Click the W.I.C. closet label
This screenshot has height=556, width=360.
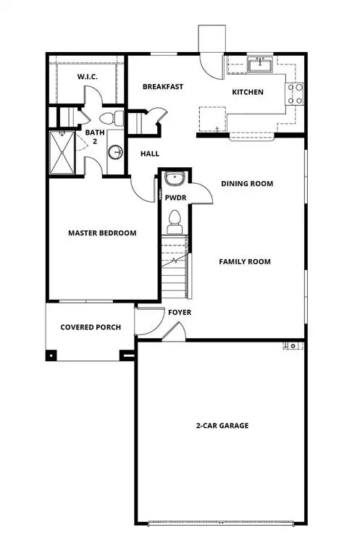(88, 77)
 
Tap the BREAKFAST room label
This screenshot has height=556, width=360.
(162, 87)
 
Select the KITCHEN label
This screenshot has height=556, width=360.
(247, 92)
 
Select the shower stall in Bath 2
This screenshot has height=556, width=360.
(62, 152)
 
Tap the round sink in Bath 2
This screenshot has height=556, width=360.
(115, 152)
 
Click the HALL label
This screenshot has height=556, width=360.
(150, 153)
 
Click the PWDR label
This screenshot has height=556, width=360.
(175, 196)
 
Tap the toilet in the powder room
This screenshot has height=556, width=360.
(174, 219)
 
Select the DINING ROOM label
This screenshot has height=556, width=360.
(247, 184)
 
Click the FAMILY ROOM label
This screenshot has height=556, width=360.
(245, 261)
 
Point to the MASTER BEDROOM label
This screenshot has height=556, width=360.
(102, 233)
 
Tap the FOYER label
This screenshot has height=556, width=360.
(180, 313)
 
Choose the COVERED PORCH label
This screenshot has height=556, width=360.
(91, 327)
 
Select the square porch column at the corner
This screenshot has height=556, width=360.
(51, 355)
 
